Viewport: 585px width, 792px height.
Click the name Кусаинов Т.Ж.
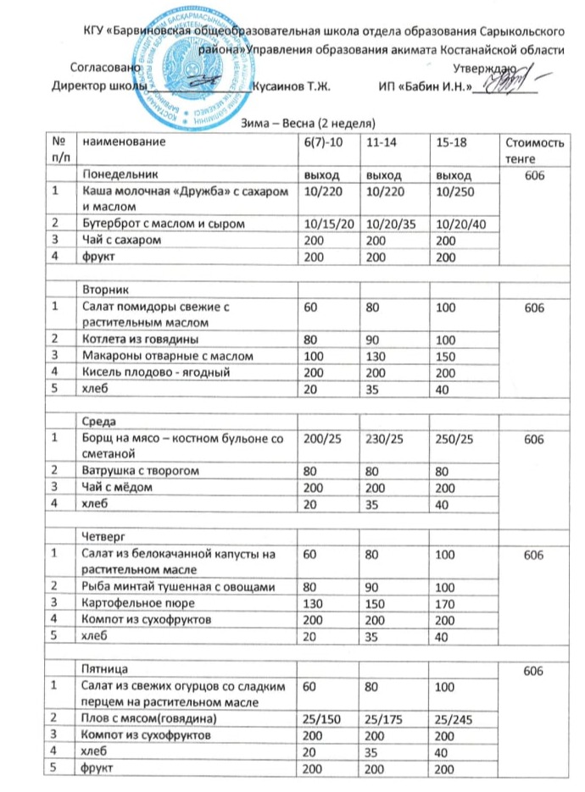291,86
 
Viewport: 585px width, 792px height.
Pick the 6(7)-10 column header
323,144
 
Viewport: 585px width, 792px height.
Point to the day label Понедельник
117,174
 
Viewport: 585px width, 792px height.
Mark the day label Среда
98,420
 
